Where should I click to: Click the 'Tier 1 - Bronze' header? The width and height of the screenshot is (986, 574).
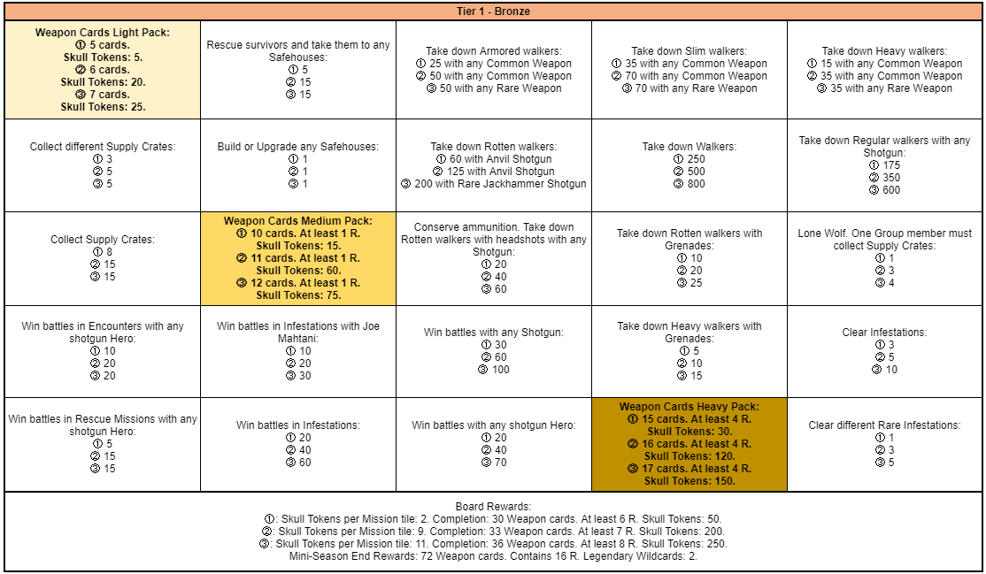[493, 11]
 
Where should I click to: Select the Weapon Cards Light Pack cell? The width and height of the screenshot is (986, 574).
[103, 69]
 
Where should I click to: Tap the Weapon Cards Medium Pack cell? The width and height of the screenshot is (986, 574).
[298, 258]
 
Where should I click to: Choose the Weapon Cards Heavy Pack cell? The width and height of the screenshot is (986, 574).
[689, 444]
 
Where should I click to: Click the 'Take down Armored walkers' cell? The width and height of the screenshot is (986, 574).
[494, 70]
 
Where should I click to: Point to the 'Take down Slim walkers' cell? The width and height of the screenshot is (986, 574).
[689, 70]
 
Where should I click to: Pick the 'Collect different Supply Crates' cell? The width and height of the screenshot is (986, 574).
[103, 165]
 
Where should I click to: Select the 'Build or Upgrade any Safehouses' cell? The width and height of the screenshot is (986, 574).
[298, 165]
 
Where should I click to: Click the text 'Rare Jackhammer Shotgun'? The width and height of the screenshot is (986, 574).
[521, 184]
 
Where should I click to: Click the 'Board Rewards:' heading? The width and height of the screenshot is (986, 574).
[493, 507]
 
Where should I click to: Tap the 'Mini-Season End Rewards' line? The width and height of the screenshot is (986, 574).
[493, 556]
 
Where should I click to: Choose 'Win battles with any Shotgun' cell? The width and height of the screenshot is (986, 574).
[494, 351]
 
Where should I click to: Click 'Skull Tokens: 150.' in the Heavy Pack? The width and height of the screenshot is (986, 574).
[689, 481]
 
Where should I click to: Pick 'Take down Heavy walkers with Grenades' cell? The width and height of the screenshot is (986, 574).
[689, 351]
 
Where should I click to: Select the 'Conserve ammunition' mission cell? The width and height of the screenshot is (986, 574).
[494, 258]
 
